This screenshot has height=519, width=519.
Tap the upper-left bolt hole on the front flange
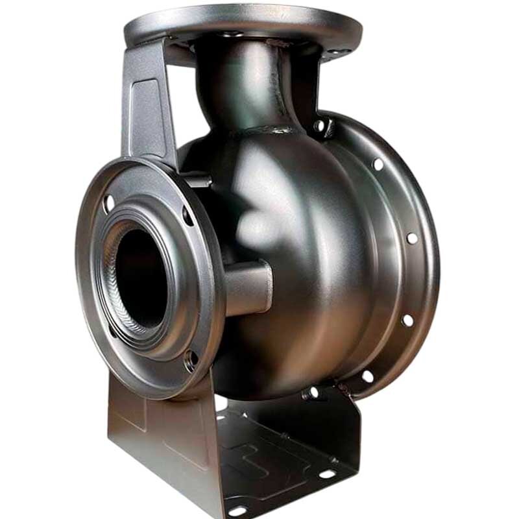tap(108, 203)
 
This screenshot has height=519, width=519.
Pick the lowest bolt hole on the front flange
tap(191, 359)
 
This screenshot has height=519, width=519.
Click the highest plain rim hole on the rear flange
tap(378, 165)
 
